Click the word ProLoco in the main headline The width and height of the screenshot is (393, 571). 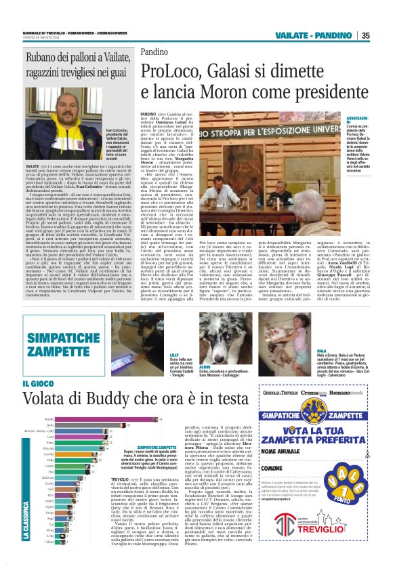(177, 71)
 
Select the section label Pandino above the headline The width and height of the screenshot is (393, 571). (154, 52)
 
